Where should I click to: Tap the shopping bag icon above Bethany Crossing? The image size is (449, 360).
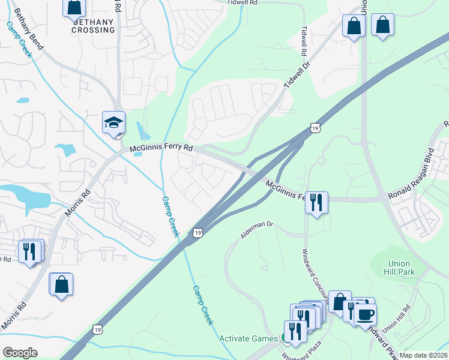pyautogui.click(x=74, y=7)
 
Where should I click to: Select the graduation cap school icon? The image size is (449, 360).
pyautogui.click(x=113, y=123)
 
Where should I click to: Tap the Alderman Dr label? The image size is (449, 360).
pyautogui.click(x=257, y=229)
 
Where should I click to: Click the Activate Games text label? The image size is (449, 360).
pyautogui.click(x=249, y=338)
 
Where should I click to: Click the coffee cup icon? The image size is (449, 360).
pyautogui.click(x=366, y=314)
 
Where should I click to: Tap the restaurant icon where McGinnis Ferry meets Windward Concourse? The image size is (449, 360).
pyautogui.click(x=316, y=203)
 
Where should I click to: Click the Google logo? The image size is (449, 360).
pyautogui.click(x=20, y=353)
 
